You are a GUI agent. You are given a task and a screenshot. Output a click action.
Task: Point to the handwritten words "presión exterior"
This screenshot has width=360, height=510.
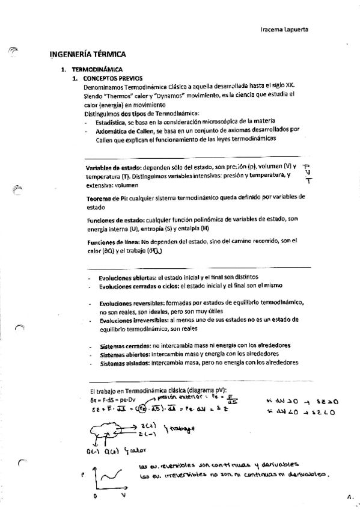(180, 397)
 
